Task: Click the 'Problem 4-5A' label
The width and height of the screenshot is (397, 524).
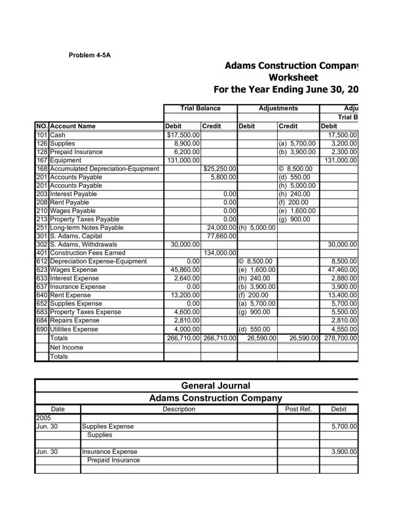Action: click(90, 55)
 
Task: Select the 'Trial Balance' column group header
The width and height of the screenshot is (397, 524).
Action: click(200, 108)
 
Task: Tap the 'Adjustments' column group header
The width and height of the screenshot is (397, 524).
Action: click(278, 108)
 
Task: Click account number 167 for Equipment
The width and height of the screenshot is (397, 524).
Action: click(42, 160)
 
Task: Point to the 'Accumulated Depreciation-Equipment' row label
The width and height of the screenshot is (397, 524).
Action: click(105, 169)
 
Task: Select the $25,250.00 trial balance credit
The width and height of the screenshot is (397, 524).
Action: click(219, 169)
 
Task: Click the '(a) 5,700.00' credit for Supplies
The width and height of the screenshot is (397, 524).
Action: click(297, 143)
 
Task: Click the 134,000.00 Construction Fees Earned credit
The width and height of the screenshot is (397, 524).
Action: click(219, 253)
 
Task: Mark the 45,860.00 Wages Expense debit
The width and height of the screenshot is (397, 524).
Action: click(184, 271)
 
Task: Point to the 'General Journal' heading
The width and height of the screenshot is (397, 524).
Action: click(216, 386)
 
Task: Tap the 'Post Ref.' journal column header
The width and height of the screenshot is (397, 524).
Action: click(299, 409)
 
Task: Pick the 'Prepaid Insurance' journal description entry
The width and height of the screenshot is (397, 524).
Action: click(113, 460)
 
